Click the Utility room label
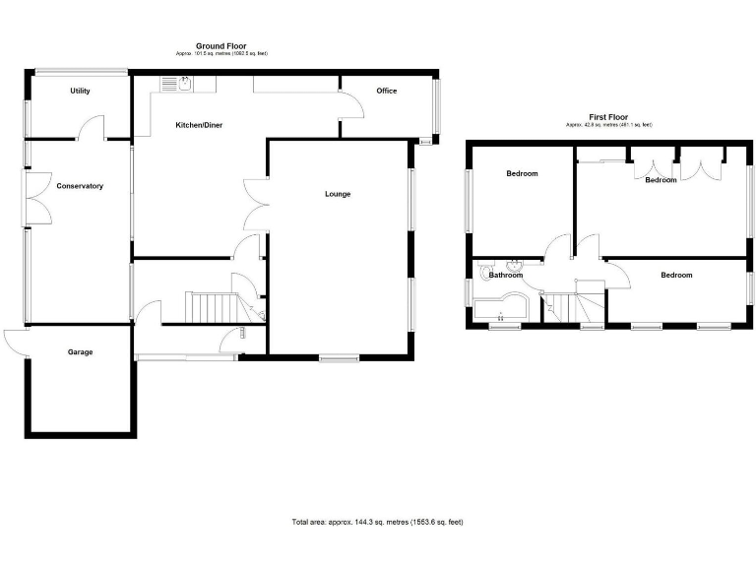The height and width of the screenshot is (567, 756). tap(80, 92)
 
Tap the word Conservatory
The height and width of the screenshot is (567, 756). tap(80, 186)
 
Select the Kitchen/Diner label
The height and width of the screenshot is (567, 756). tap(198, 125)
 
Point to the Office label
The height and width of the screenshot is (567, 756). tap(386, 92)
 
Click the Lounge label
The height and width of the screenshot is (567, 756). tap(338, 194)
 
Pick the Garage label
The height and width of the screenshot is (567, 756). tap(80, 351)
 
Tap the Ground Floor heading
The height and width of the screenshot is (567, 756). tap(220, 46)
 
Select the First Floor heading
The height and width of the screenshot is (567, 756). tap(608, 117)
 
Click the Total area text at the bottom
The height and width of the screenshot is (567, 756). tap(377, 522)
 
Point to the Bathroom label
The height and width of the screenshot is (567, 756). tap(506, 276)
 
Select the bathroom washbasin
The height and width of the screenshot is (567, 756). tap(514, 265)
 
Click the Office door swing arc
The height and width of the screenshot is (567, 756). tap(349, 101)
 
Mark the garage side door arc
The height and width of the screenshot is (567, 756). tap(17, 342)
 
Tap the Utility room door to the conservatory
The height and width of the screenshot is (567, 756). tap(91, 126)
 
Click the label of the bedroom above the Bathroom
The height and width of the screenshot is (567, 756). tap(522, 174)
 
